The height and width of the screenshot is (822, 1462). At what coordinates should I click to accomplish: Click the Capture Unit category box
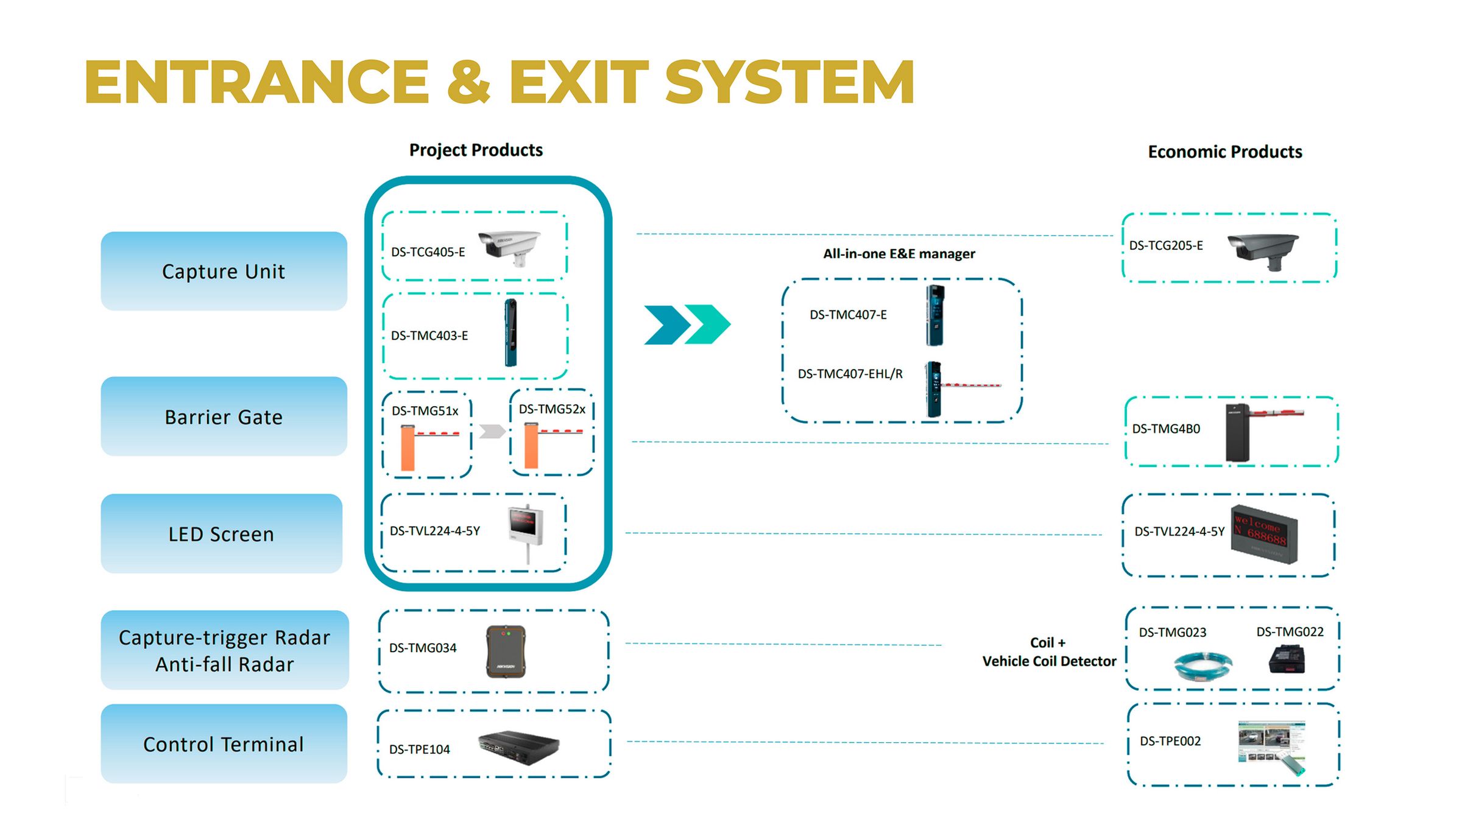[x=224, y=271]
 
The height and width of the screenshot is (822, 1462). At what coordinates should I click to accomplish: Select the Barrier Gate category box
[x=224, y=416]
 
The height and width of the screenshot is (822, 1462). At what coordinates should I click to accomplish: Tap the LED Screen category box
[x=221, y=534]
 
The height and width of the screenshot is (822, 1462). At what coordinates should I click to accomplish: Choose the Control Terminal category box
[x=224, y=744]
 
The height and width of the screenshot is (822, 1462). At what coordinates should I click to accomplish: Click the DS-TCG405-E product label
[x=428, y=252]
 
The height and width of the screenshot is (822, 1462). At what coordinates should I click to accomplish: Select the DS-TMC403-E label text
[x=429, y=335]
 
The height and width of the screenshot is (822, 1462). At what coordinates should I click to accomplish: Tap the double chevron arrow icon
[x=687, y=325]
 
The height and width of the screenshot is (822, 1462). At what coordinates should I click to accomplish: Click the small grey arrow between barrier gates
[x=492, y=432]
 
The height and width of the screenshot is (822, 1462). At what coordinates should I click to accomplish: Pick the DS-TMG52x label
[x=552, y=409]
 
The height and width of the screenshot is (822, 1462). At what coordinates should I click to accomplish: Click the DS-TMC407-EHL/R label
[x=850, y=374]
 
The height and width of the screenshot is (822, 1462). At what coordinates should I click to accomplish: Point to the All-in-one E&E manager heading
[x=899, y=254]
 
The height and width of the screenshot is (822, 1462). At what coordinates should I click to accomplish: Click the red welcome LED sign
[x=1263, y=535]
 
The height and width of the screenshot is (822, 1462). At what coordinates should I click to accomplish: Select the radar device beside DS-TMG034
[x=506, y=652]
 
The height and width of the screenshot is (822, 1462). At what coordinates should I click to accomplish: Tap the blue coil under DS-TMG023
[x=1203, y=665]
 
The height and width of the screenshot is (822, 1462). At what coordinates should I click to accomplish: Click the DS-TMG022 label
[x=1290, y=632]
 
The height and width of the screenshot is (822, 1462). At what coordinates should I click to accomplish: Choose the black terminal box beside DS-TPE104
[x=518, y=746]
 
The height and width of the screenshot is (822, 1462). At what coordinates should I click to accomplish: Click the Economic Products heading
[x=1224, y=152]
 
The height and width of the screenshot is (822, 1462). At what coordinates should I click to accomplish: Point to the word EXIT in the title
[x=579, y=82]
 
